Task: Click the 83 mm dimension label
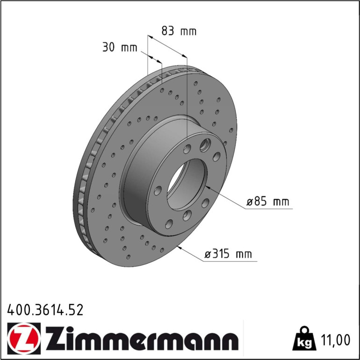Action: pyautogui.click(x=179, y=31)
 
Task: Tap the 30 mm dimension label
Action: pyautogui.click(x=120, y=47)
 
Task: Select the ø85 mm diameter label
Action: pyautogui.click(x=268, y=202)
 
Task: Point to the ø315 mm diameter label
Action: pyautogui.click(x=228, y=254)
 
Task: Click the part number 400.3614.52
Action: pyautogui.click(x=45, y=310)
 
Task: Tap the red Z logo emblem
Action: pyautogui.click(x=24, y=338)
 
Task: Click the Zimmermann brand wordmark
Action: pyautogui.click(x=142, y=338)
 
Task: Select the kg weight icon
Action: pyautogui.click(x=304, y=338)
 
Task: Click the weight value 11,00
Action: pyautogui.click(x=335, y=340)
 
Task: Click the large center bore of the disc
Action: pyautogui.click(x=187, y=184)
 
